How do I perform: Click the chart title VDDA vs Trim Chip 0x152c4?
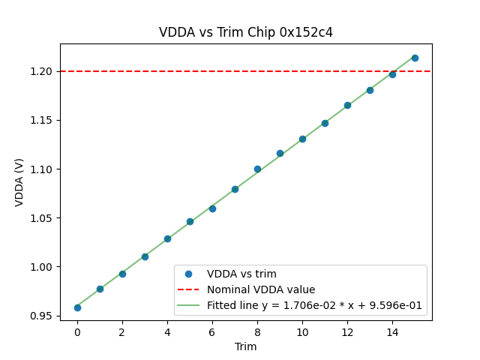(x=246, y=32)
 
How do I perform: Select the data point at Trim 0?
(x=77, y=307)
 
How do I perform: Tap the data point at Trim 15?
(x=415, y=58)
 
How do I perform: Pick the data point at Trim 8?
(x=257, y=169)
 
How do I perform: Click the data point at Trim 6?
(x=212, y=208)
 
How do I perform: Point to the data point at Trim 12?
(x=347, y=105)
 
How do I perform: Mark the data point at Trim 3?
(x=145, y=256)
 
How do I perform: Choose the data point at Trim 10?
(x=302, y=139)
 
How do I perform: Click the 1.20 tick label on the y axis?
(x=43, y=71)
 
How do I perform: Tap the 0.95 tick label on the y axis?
(x=43, y=316)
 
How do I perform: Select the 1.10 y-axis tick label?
(x=43, y=169)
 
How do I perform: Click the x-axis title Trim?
(x=246, y=346)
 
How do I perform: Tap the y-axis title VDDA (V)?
(x=19, y=182)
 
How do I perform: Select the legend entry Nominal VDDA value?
(x=261, y=289)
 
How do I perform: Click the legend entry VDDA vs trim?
(x=241, y=274)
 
